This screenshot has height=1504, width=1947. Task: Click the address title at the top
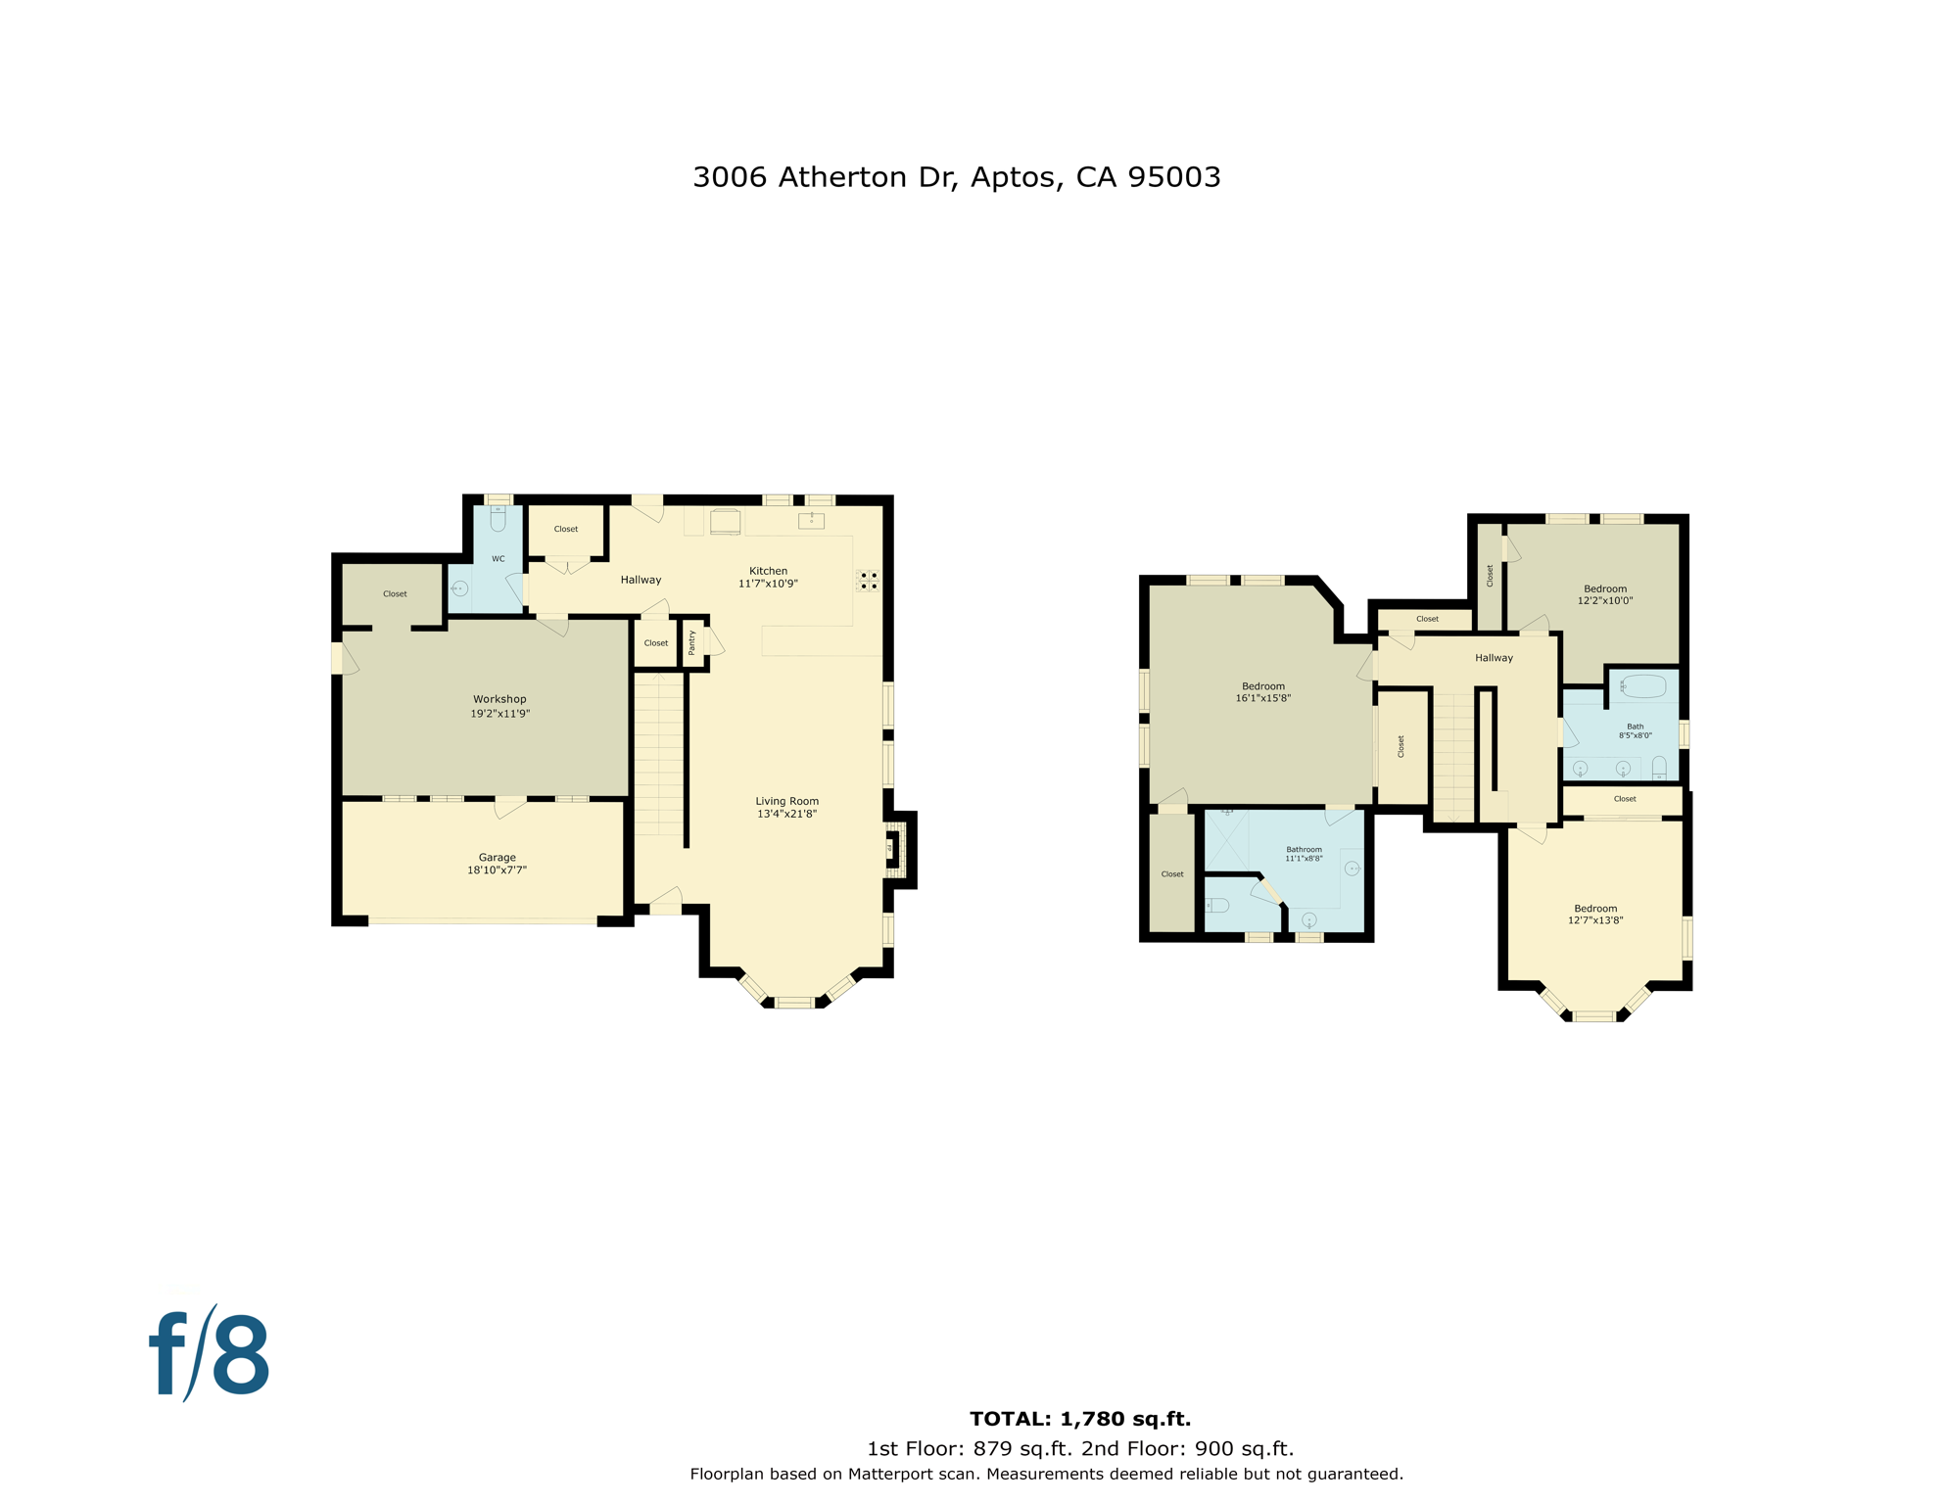956,177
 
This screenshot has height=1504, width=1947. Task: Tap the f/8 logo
210,1355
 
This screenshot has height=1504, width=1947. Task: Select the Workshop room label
499,699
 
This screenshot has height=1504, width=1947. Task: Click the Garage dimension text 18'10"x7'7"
497,870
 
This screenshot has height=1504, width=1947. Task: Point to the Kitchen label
768,571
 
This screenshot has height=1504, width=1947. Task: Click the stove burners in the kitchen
868,581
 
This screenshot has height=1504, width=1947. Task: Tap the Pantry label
692,642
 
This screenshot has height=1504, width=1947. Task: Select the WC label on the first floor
499,559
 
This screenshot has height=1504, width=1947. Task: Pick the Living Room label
786,801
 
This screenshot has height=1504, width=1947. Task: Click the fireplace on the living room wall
894,849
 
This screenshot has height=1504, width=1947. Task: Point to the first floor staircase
658,754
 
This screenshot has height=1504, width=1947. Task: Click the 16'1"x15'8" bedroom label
1262,698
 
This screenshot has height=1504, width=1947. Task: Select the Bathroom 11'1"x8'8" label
1304,854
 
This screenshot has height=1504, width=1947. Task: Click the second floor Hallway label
1494,658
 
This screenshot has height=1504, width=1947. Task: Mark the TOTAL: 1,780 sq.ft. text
1079,1419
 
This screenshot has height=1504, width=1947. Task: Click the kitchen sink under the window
811,521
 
